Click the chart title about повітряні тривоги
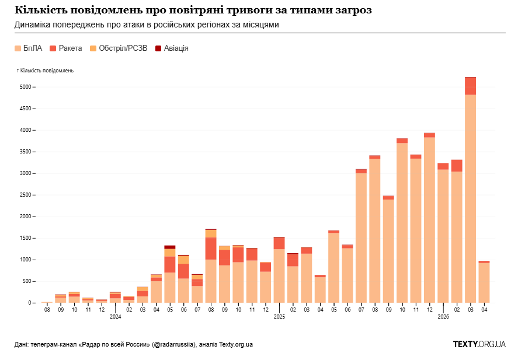pos(193,11)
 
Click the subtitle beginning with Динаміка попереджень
pos(147,25)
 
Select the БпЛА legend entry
pos(29,48)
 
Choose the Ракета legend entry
pos(66,48)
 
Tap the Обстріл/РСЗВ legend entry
pos(119,48)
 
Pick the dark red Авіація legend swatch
pos(158,48)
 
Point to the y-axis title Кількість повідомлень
pos(45,71)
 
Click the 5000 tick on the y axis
pos(26,87)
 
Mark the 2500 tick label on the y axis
pos(26,195)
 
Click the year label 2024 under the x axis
pos(115,317)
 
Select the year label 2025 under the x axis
pos(279,317)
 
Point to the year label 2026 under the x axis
pos(443,317)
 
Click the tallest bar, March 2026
pos(471,190)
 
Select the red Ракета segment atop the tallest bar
pos(471,86)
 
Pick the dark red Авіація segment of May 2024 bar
pos(170,247)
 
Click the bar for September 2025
pos(388,249)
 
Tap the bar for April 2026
pos(484,282)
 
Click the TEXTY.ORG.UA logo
pos(479,344)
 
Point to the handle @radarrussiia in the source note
pos(173,344)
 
